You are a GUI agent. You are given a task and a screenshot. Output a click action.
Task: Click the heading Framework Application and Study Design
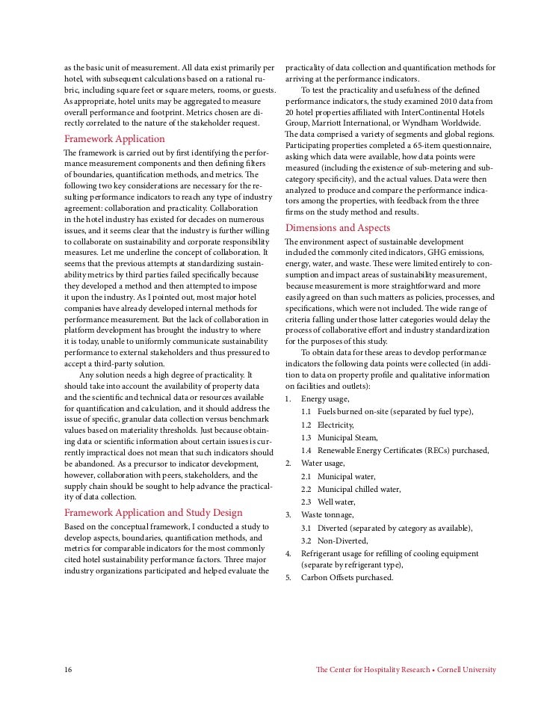click(153, 512)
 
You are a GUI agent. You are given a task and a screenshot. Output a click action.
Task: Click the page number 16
click(68, 669)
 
